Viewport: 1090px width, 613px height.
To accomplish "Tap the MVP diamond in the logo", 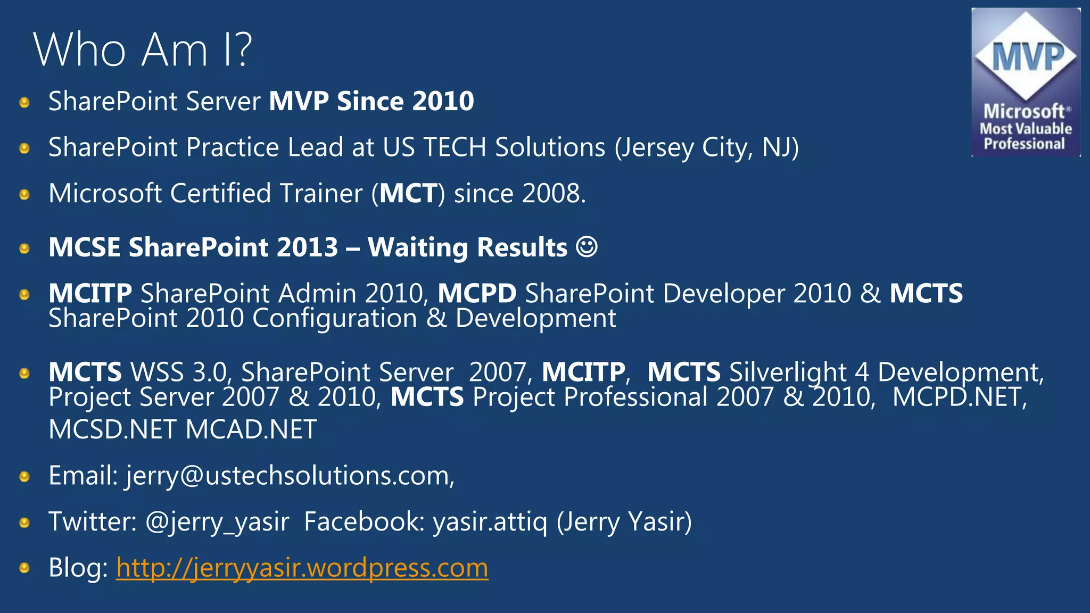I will point(1026,56).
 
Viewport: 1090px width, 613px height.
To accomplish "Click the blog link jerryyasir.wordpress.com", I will point(302,568).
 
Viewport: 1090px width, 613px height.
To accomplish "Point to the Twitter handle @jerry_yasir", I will point(217,521).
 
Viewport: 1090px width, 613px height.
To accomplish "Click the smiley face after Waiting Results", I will point(587,247).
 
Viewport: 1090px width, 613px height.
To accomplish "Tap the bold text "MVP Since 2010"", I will point(371,101).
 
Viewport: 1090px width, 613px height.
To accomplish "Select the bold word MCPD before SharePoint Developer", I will point(477,293).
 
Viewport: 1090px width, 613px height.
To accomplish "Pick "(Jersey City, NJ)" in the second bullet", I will point(706,147).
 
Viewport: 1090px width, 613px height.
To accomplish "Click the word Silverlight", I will point(788,372).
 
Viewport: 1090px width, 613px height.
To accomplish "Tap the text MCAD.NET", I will point(251,429).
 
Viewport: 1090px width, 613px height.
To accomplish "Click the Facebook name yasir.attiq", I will point(490,521).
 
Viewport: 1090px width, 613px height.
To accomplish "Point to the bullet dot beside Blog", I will point(24,568).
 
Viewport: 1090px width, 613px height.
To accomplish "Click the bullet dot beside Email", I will point(24,476).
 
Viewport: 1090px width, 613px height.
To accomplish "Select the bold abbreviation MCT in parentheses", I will point(408,193).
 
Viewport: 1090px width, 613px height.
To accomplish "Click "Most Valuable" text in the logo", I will point(1026,129).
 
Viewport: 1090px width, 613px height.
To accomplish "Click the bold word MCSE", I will point(84,247).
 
